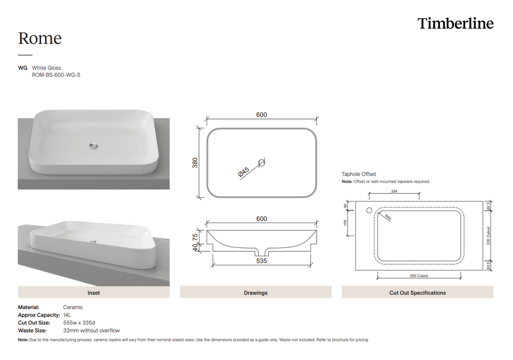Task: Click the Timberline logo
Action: pos(455,24)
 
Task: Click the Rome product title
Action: pos(40,38)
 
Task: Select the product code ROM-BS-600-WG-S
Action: pos(56,75)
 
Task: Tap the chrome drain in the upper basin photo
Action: pos(93,146)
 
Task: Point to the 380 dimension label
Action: pos(195,163)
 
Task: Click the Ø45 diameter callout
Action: pos(244,172)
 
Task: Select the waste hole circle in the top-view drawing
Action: pos(262,163)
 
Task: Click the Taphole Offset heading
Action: pos(359,174)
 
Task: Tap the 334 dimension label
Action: pos(394,191)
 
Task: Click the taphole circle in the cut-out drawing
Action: pos(368,210)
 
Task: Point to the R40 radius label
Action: pos(387,218)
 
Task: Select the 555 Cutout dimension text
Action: pos(419,276)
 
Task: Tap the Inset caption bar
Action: pos(94,293)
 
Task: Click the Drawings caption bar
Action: pos(255,293)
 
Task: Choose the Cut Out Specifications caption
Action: pos(417,293)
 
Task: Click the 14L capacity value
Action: pos(67,315)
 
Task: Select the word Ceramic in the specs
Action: pos(73,307)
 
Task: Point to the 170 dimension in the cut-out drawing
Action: pos(346,222)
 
